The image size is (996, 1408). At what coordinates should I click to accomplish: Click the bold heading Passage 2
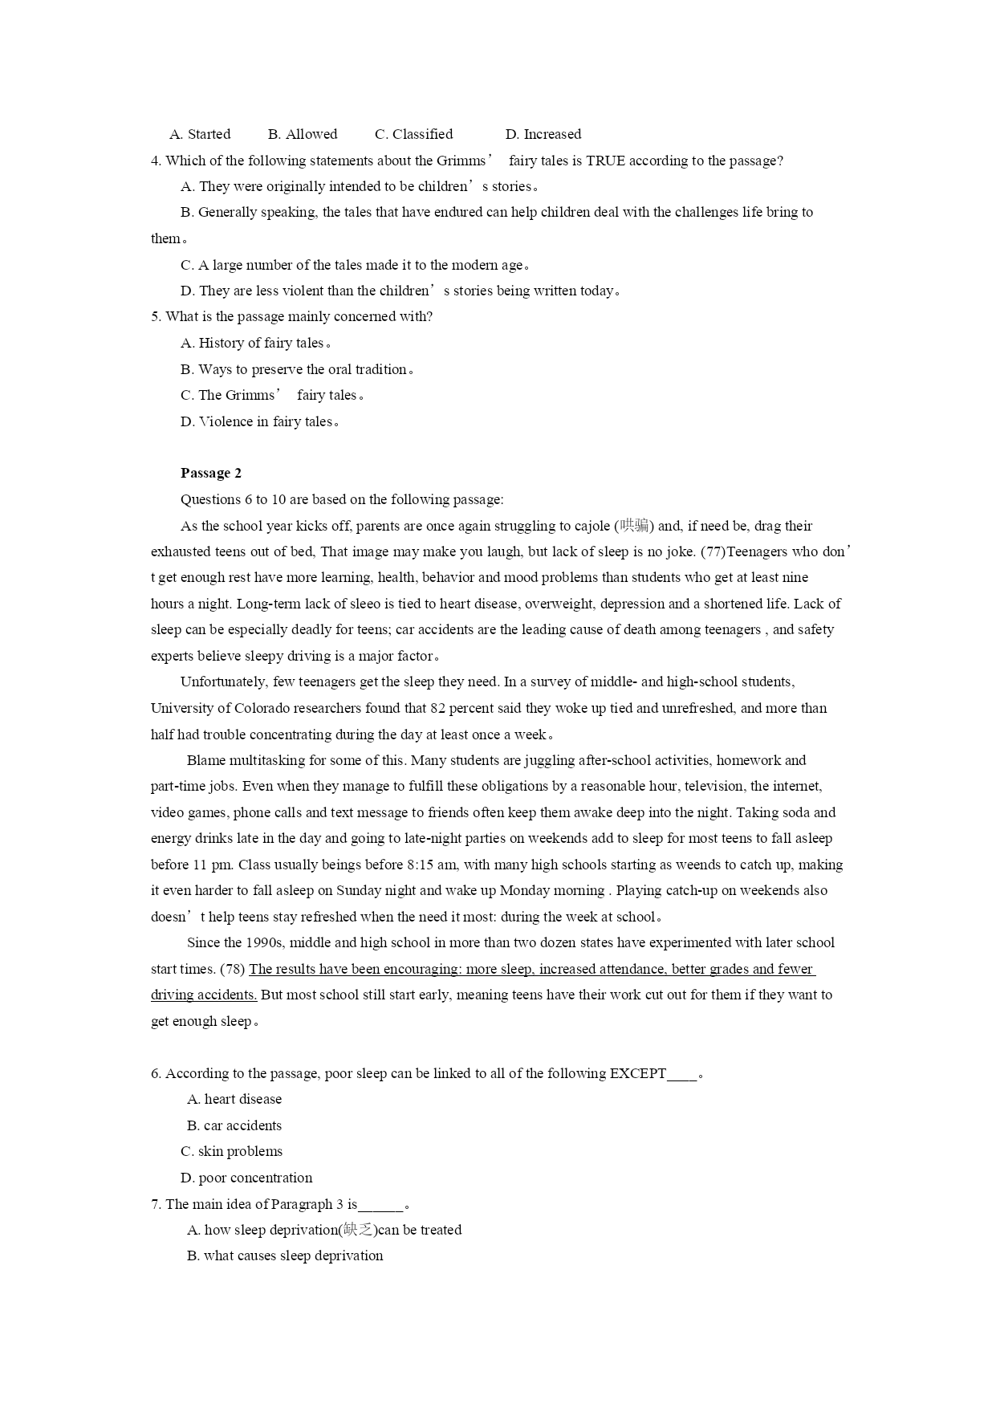click(210, 473)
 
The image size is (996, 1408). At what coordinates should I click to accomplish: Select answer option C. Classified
click(413, 134)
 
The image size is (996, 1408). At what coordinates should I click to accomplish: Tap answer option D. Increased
click(543, 134)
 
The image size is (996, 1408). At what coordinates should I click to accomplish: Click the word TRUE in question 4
click(605, 161)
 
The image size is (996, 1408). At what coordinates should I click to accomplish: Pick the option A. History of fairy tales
click(255, 343)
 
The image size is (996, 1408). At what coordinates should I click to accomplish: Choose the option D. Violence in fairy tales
click(259, 421)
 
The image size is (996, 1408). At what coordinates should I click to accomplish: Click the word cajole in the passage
click(592, 526)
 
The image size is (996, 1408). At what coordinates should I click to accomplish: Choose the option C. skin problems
click(231, 1151)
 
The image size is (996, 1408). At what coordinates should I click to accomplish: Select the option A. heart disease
click(234, 1099)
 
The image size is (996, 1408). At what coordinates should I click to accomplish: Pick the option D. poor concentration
click(246, 1178)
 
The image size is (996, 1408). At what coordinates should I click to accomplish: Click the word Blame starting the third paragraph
click(205, 760)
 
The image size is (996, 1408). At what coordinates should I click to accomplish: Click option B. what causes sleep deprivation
click(285, 1255)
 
